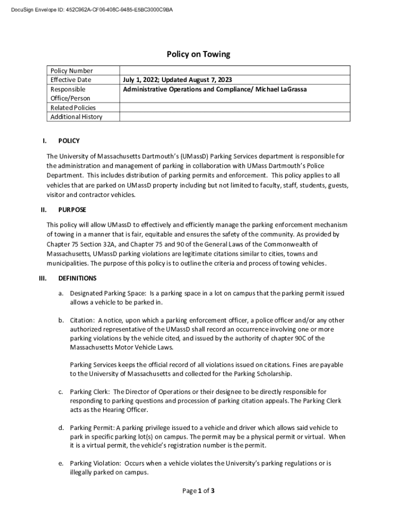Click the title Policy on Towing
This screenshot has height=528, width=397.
pos(198,54)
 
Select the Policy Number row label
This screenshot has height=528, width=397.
pos(72,71)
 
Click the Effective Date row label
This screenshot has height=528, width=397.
pos(71,80)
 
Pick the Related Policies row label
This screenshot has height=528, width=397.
pos(73,108)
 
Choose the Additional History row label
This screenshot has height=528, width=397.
pos(76,117)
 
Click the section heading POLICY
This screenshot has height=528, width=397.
pos(69,141)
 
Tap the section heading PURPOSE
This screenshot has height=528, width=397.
pos(72,210)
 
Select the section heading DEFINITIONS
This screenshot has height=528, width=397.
pos(77,278)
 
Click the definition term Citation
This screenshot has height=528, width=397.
pos(82,320)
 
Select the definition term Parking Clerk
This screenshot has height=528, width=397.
pos(90,392)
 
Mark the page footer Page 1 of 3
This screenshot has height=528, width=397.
pos(198,491)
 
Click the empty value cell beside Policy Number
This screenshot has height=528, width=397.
pos(235,71)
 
